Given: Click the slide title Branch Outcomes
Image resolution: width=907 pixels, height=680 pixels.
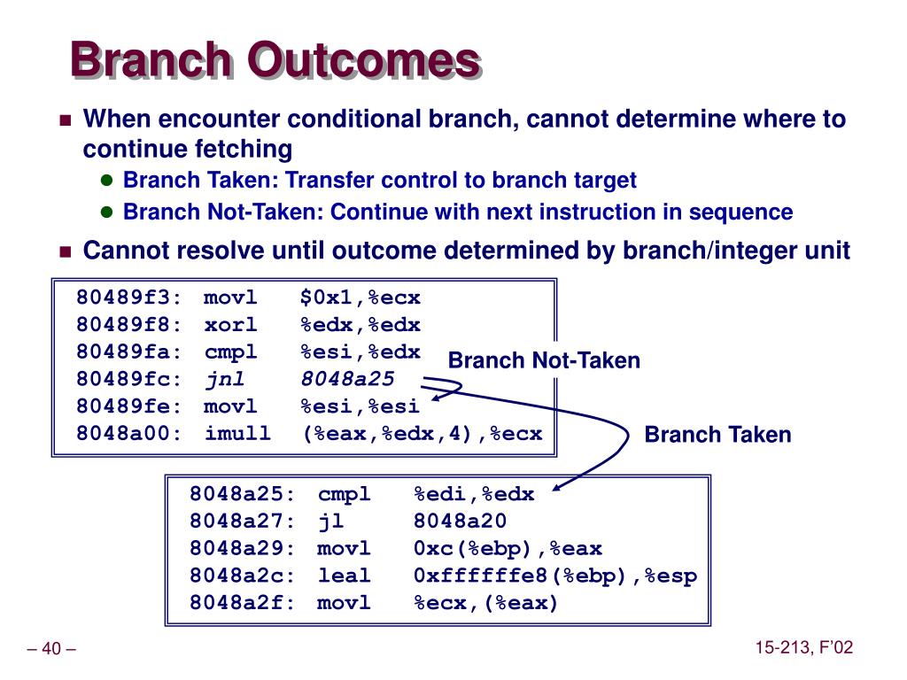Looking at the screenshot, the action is [x=276, y=59].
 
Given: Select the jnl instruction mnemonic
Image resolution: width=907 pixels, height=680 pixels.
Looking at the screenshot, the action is [x=225, y=380].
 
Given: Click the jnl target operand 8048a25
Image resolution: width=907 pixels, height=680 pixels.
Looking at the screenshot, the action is [x=347, y=379].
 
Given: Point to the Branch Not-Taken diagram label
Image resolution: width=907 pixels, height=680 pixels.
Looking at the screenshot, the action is [x=544, y=360].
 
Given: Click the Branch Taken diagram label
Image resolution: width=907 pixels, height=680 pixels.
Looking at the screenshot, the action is [x=717, y=434].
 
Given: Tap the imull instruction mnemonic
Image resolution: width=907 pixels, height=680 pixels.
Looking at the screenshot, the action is [x=237, y=433].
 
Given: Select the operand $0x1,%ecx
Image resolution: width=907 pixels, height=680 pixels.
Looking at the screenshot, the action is [x=360, y=297].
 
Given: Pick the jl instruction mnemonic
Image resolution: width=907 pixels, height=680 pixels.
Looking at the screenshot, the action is [x=331, y=522].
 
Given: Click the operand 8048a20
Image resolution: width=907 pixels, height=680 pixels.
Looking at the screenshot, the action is [x=460, y=521].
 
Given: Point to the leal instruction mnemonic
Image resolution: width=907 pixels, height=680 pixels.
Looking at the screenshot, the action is [x=344, y=576].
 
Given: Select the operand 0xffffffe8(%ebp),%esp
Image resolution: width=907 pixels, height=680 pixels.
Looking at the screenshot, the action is [x=555, y=576].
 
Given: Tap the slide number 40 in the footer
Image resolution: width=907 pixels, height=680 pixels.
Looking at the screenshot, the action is [x=50, y=648].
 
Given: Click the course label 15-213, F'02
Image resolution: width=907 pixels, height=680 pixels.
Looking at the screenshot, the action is [x=804, y=647].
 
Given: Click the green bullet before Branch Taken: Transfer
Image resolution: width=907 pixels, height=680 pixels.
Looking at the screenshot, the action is [x=106, y=180].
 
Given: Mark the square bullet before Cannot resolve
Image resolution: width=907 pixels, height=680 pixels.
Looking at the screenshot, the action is [x=66, y=252].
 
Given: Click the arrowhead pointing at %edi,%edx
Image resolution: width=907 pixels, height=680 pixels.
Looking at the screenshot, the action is [x=556, y=488].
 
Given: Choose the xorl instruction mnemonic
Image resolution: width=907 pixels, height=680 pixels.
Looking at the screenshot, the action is [x=230, y=324].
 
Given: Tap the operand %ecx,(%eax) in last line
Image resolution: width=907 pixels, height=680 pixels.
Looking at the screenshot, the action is [x=485, y=603].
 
